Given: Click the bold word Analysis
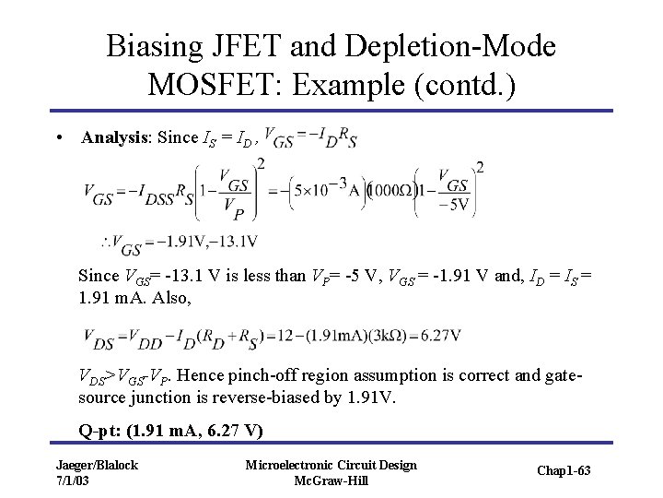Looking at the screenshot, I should pos(116,138).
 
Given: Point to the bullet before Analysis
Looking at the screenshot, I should pos(58,138).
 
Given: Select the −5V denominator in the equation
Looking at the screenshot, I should pos(455,204).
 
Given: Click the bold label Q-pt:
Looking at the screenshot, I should pos(100,430).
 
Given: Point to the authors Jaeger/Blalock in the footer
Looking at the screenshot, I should pos(96,465).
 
